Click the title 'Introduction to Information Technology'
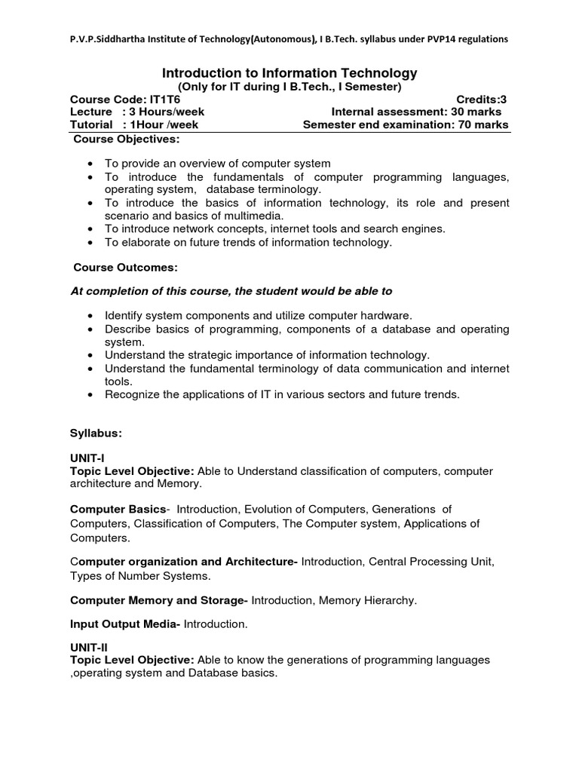(x=289, y=73)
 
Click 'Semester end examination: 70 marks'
(x=406, y=124)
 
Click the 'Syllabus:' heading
(x=96, y=433)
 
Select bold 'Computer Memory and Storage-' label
(x=158, y=600)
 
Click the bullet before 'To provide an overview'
(x=90, y=164)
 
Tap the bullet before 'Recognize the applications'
(x=90, y=394)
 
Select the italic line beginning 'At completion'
(x=231, y=291)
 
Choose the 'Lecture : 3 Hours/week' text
(x=137, y=112)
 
